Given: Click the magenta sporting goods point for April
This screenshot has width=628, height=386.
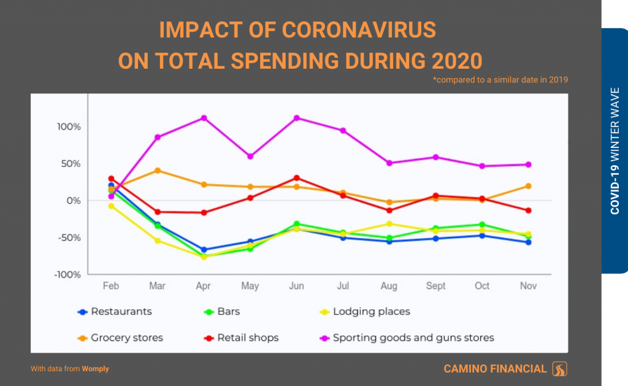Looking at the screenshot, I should point(204,118).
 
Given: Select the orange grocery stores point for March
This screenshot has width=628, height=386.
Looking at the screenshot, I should point(158,171).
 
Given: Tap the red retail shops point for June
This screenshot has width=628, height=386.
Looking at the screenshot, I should point(297,178).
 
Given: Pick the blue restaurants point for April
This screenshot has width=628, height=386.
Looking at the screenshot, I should point(204,250).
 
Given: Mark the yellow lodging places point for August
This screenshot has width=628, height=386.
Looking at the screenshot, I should point(389,224).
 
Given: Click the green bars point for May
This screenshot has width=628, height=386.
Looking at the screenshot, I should point(250,249).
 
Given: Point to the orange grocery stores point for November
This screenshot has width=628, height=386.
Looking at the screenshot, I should point(527,186).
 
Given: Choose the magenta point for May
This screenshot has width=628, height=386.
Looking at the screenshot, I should point(250,156).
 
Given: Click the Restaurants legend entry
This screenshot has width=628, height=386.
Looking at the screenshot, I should point(121,311).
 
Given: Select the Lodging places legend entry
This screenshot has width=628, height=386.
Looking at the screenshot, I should point(371,311).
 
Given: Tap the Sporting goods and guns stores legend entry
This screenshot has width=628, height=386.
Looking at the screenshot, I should point(413,338).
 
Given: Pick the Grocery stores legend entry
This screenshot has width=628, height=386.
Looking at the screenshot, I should point(126,338).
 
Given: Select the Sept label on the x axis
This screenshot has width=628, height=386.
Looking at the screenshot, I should point(435,286).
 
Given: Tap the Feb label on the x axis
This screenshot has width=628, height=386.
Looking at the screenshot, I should point(111,286).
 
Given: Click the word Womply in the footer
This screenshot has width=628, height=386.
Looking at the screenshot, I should point(96,369).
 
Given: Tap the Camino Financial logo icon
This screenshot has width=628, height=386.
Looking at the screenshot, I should point(560,369).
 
